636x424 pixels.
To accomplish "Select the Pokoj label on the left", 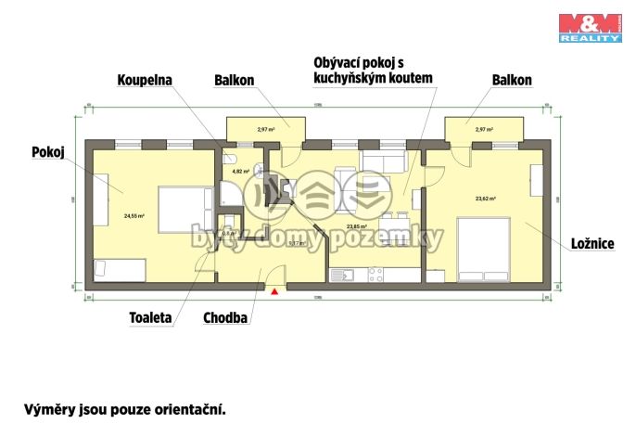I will [x=47, y=151].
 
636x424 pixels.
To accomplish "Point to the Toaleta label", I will [x=151, y=317].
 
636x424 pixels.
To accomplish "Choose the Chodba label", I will [x=225, y=317].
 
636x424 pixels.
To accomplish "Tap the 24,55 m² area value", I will [x=134, y=215].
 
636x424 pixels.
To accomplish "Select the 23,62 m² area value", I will [x=485, y=199].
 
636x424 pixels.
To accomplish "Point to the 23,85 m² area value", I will [x=356, y=225].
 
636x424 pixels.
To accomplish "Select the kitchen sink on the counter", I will [x=345, y=275].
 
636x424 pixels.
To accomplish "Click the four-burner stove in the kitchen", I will [x=376, y=275].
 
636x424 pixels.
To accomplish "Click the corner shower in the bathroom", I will [x=228, y=194].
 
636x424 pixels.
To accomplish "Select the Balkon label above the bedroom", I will [x=511, y=81].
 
